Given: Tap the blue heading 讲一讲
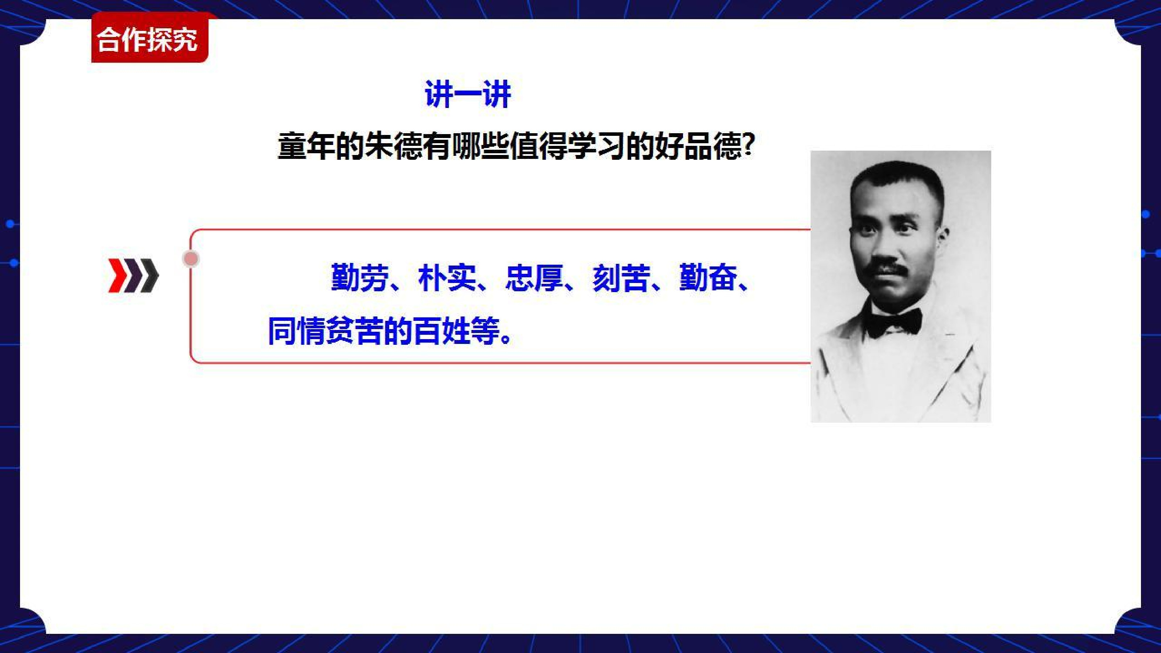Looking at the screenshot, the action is (x=468, y=94).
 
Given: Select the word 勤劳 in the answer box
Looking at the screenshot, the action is (x=360, y=277).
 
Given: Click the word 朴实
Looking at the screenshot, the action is (x=447, y=277).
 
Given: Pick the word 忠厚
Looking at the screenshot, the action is (x=534, y=277).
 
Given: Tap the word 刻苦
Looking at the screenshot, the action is (x=621, y=277).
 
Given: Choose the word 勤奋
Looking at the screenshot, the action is (x=708, y=277).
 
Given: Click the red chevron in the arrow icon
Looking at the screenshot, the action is (x=118, y=276).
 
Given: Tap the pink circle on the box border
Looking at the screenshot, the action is (x=191, y=259).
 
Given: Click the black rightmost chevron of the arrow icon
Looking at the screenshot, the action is (x=150, y=276).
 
